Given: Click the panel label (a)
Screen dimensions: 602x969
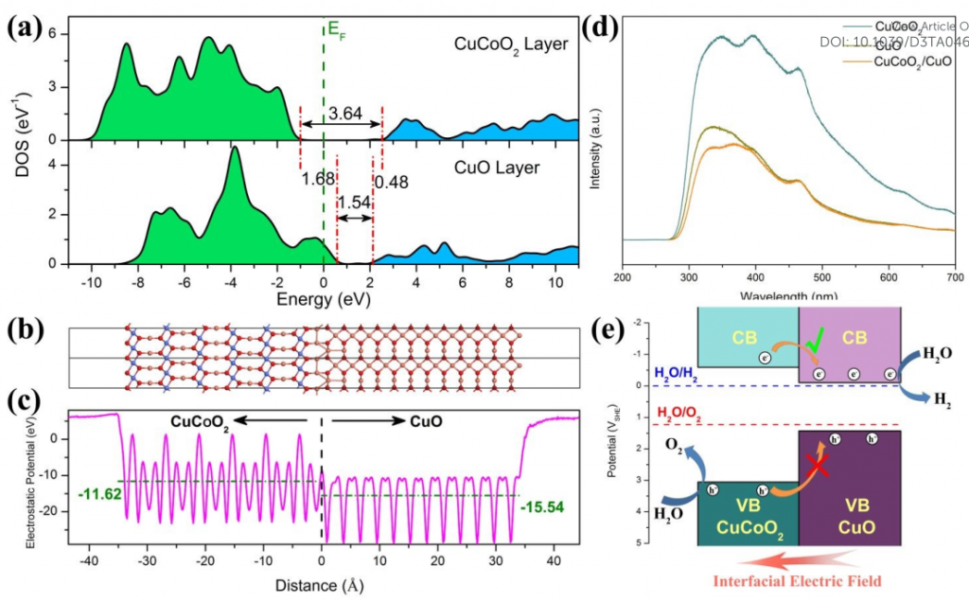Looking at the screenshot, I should pyautogui.click(x=26, y=27).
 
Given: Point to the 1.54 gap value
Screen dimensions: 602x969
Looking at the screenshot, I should pyautogui.click(x=354, y=203).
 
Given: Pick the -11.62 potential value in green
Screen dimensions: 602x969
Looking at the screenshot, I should pyautogui.click(x=95, y=493).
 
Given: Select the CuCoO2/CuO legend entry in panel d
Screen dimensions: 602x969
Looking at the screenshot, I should pyautogui.click(x=910, y=62).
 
